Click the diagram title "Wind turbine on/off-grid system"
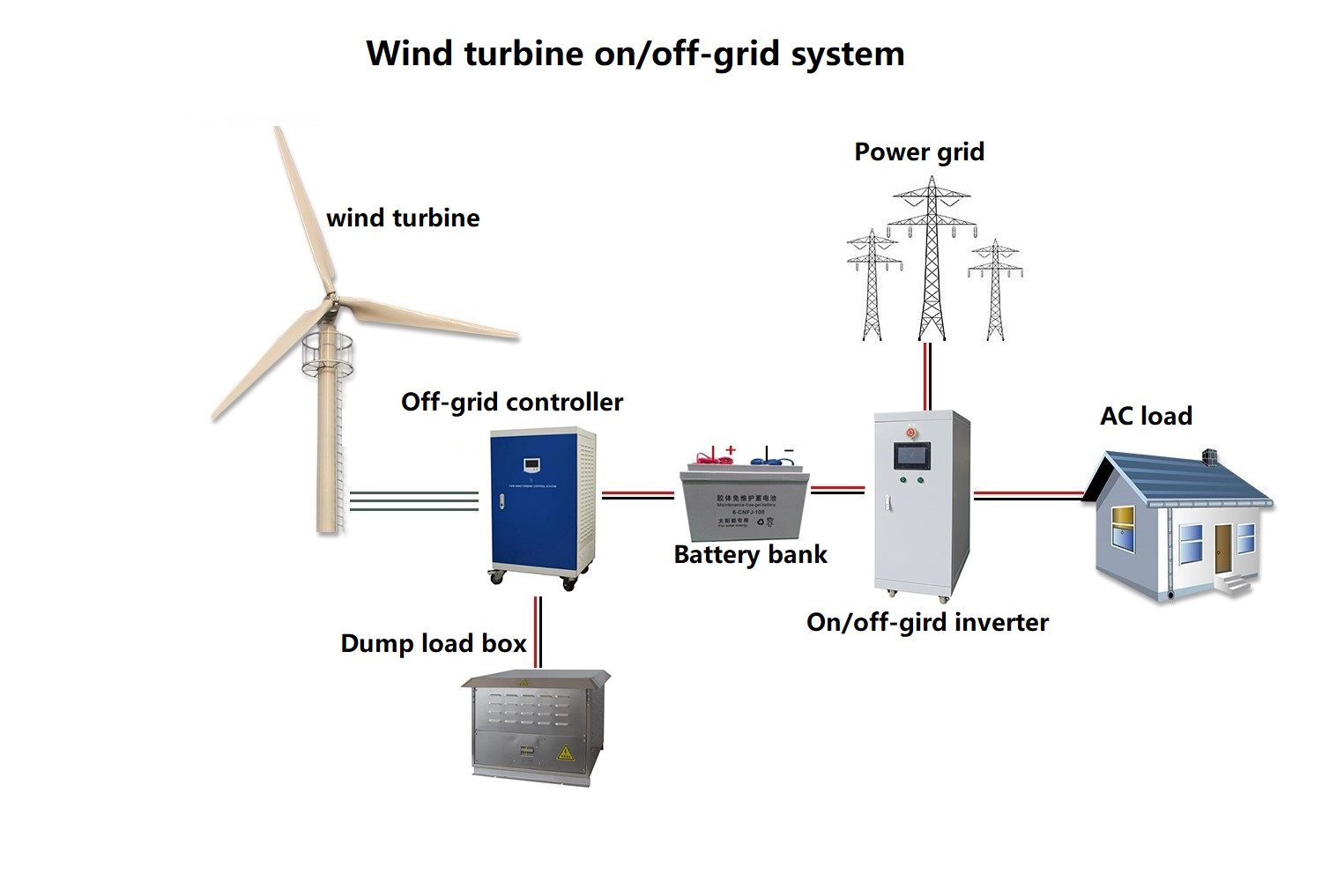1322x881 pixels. [x=635, y=53]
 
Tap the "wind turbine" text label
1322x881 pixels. [x=403, y=218]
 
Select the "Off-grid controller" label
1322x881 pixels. [x=511, y=402]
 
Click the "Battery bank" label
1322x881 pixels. [x=750, y=554]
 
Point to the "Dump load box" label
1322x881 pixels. [x=433, y=643]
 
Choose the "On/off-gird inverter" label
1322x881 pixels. [x=927, y=622]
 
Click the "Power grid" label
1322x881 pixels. [x=919, y=152]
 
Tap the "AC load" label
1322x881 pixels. [x=1146, y=416]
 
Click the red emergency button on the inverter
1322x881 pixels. [x=910, y=433]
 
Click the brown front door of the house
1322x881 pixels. [x=1222, y=546]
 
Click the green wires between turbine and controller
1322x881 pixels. [x=414, y=501]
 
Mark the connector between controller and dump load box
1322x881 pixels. [x=538, y=632]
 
